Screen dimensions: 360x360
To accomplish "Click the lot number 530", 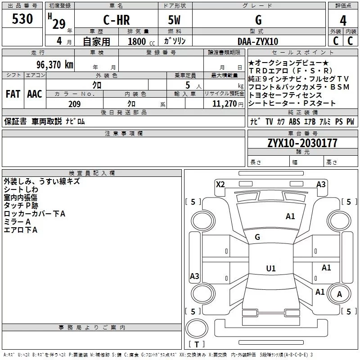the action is [22, 19].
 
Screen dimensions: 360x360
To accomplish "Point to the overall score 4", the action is [343, 20].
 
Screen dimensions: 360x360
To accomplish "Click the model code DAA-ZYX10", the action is [258, 41].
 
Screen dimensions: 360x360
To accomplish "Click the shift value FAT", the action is [13, 94].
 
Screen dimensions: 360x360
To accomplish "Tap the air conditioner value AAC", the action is [34, 94].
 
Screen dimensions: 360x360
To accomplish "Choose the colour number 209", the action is [74, 104].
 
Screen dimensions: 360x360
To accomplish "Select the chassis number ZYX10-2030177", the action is [302, 143].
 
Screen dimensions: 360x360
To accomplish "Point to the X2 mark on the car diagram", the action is [220, 184].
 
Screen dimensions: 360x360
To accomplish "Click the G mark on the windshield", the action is [257, 237].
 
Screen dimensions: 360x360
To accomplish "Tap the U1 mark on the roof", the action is [270, 268].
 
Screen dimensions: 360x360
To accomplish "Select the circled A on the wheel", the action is [340, 294].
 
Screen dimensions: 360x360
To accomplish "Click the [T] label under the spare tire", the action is [196, 344].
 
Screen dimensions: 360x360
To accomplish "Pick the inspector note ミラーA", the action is [17, 222].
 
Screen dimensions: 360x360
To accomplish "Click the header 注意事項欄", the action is [123, 134].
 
